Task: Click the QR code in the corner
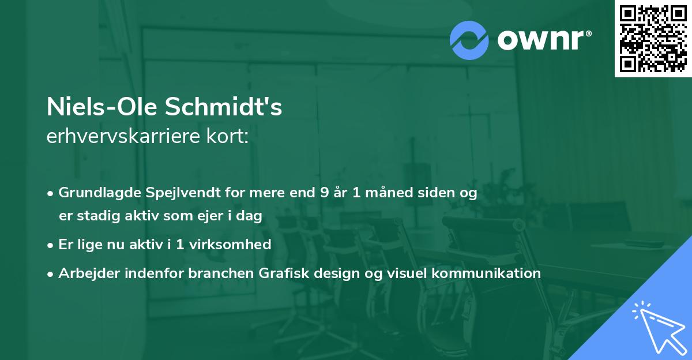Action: (653, 38)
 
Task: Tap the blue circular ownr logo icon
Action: (469, 40)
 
